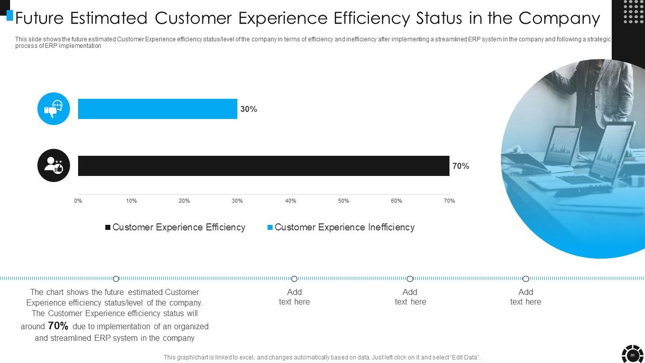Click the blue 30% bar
157,109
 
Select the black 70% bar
264,166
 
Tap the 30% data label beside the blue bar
248,109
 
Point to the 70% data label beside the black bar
461,166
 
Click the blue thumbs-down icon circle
53,109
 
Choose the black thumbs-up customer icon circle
53,165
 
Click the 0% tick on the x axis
78,201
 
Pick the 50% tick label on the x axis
344,201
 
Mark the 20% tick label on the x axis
184,201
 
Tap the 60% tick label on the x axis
397,201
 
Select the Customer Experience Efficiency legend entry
175,227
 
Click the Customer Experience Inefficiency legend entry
341,227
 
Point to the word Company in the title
559,18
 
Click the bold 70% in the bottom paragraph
58,326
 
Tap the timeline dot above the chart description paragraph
116,279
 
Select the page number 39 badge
632,355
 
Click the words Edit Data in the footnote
465,357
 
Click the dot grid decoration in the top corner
633,12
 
